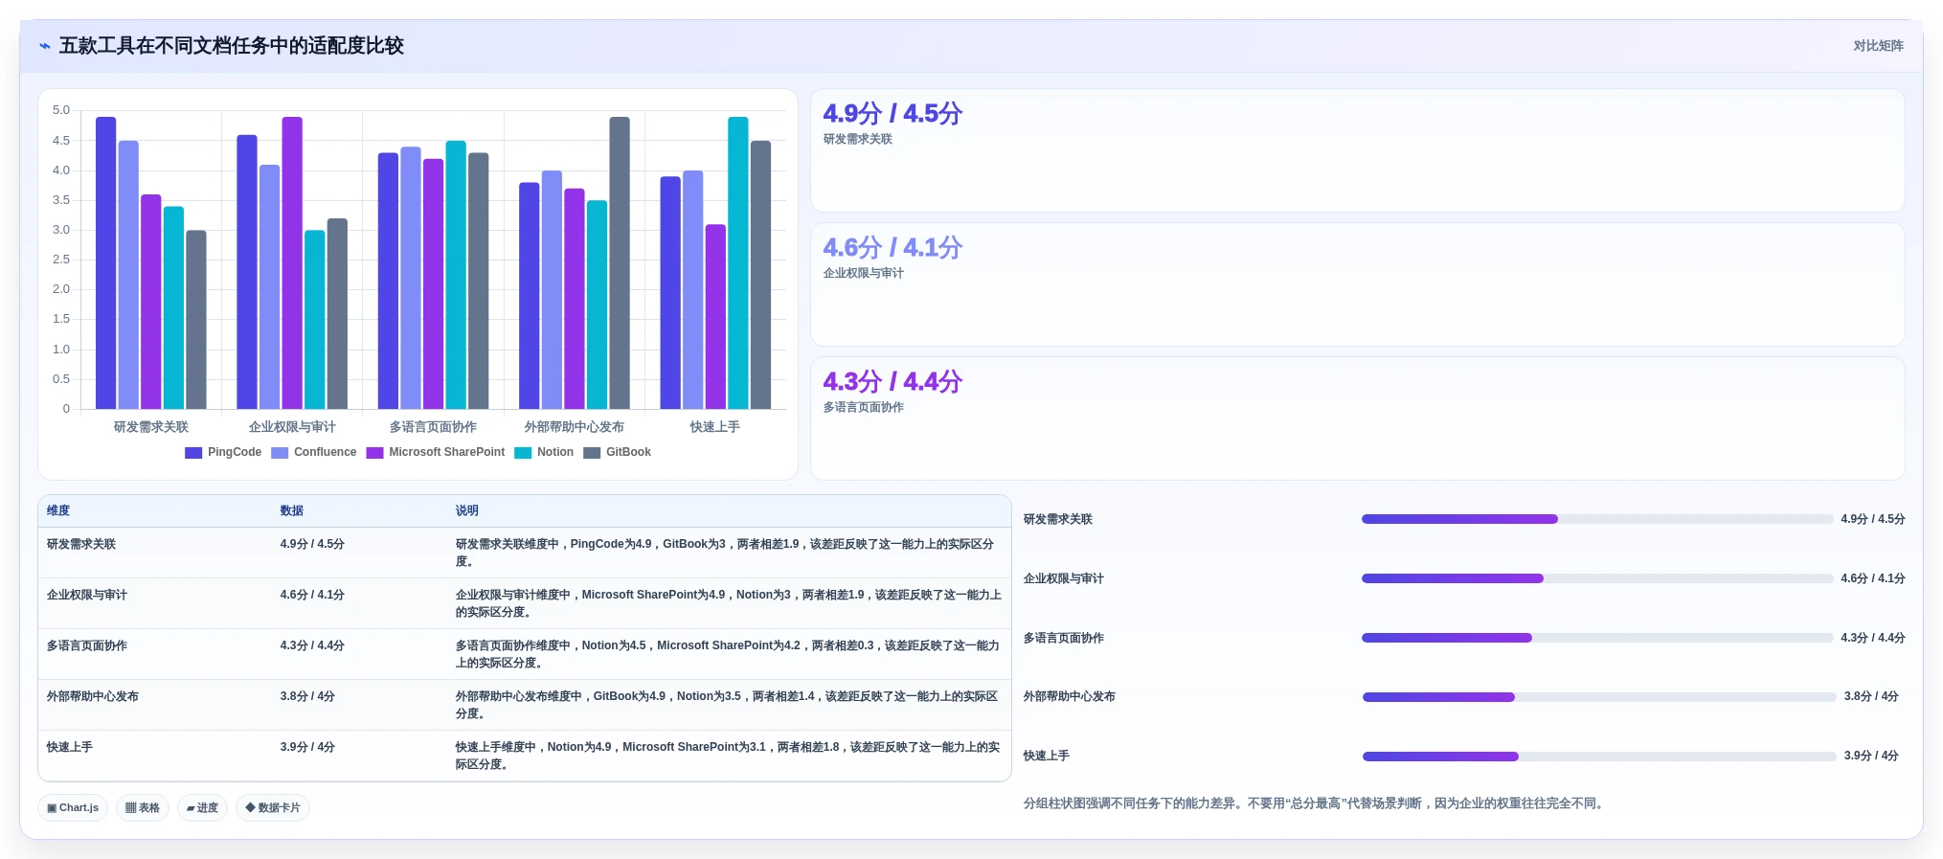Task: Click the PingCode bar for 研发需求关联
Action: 105,263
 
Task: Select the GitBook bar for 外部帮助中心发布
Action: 620,263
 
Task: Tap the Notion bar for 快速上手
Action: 737,263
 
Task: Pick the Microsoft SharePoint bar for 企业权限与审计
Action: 292,263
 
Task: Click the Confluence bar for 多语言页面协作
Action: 411,278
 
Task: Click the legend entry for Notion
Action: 544,452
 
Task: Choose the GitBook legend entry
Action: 617,452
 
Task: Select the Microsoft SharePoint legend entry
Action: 435,452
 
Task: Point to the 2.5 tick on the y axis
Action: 61,260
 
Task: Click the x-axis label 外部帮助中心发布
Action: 574,427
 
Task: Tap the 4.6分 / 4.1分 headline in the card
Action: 892,247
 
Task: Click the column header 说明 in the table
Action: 466,510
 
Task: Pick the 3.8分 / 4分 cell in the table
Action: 307,696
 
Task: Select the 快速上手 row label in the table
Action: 70,747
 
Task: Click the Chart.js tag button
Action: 73,807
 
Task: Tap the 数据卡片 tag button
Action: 273,807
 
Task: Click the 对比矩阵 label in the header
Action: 1878,46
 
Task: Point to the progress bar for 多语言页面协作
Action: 1597,638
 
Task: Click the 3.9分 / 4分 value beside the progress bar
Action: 1871,756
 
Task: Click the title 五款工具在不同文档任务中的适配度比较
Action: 232,46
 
